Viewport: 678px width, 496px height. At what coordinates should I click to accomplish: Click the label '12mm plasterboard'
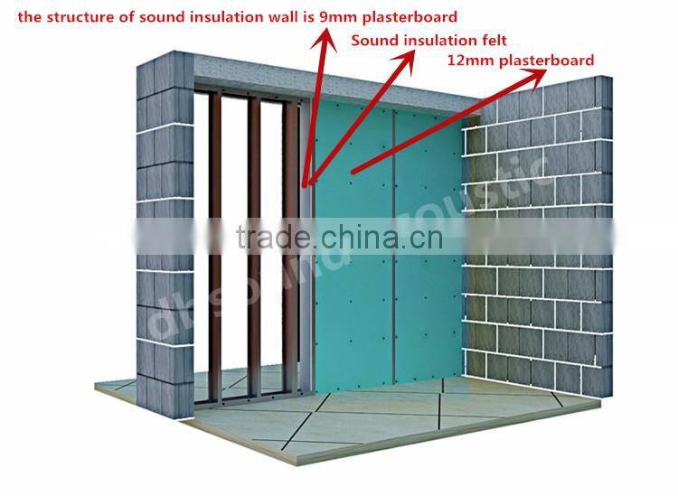(x=521, y=61)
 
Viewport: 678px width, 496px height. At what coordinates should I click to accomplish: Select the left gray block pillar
(x=163, y=226)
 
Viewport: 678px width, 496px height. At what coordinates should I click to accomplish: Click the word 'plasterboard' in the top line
(x=412, y=16)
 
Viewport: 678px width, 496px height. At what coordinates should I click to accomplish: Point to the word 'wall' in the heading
(x=285, y=16)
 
